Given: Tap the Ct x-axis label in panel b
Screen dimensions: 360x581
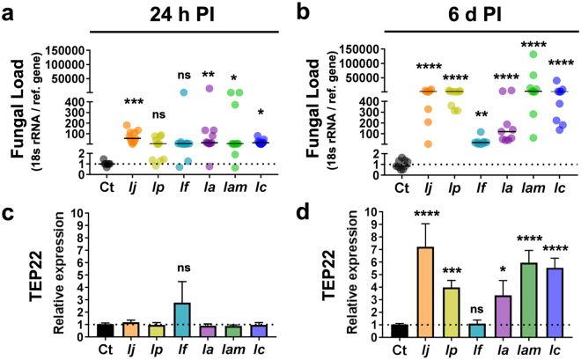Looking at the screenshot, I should click(401, 187).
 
